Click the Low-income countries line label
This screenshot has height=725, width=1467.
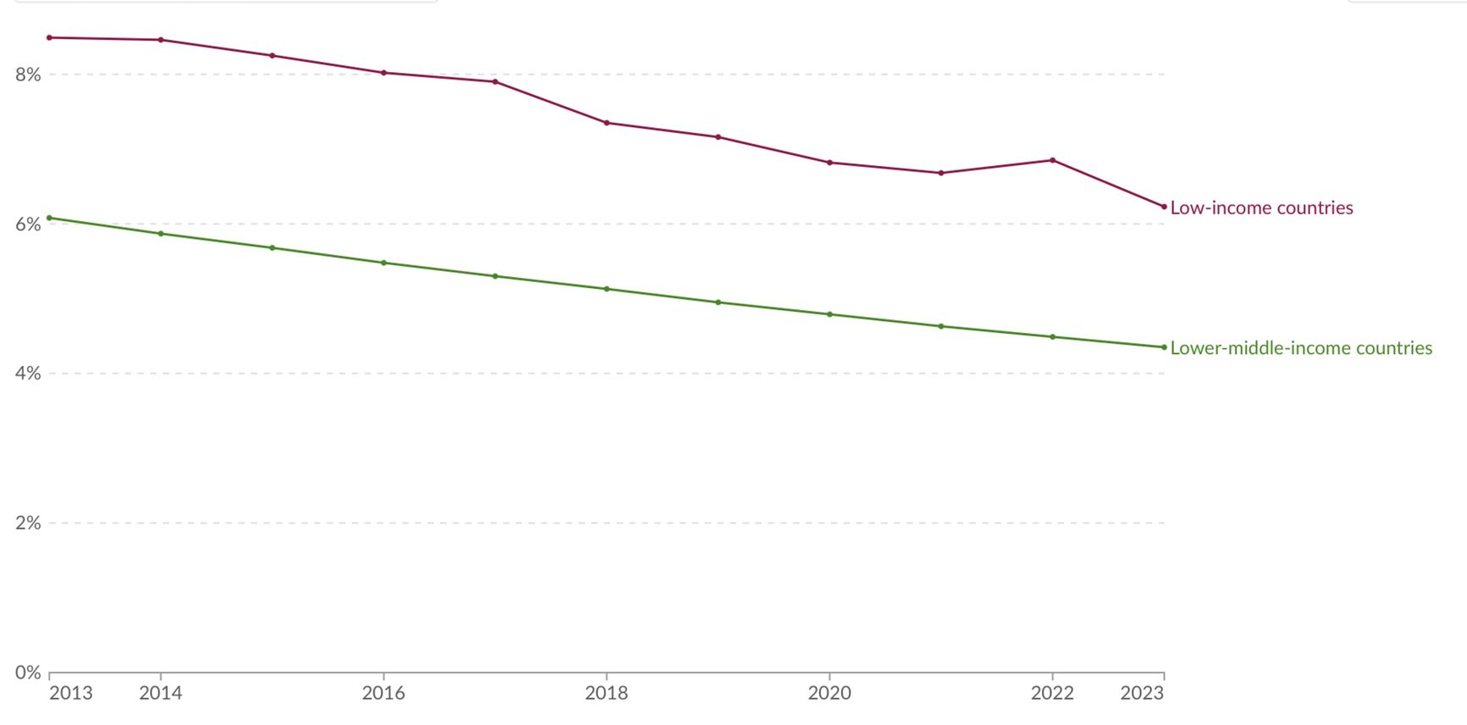pos(1261,208)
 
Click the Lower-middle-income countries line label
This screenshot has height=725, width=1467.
pos(1301,348)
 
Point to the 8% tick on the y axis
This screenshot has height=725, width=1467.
pos(28,75)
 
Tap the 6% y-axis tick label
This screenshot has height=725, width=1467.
pos(28,224)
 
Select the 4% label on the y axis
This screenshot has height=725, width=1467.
pos(28,374)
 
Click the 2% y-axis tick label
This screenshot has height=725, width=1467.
pos(28,523)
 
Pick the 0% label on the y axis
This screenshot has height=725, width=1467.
pos(28,672)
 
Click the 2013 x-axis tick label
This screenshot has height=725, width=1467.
pos(71,693)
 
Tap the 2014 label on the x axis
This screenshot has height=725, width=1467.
pos(161,693)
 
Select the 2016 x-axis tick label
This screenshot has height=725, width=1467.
pos(384,693)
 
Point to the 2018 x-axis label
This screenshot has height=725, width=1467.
pos(606,693)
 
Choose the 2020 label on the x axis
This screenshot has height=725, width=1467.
pos(829,693)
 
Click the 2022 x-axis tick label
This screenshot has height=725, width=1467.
pos(1052,693)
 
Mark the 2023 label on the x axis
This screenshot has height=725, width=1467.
pos(1142,693)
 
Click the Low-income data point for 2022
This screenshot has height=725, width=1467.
pos(1053,160)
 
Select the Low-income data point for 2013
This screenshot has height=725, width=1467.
pos(49,37)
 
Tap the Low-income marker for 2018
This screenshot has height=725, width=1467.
pos(606,123)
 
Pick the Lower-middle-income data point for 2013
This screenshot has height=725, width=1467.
pos(49,218)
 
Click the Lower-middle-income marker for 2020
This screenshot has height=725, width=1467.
pos(829,314)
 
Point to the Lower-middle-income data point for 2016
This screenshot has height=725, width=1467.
pos(384,263)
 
